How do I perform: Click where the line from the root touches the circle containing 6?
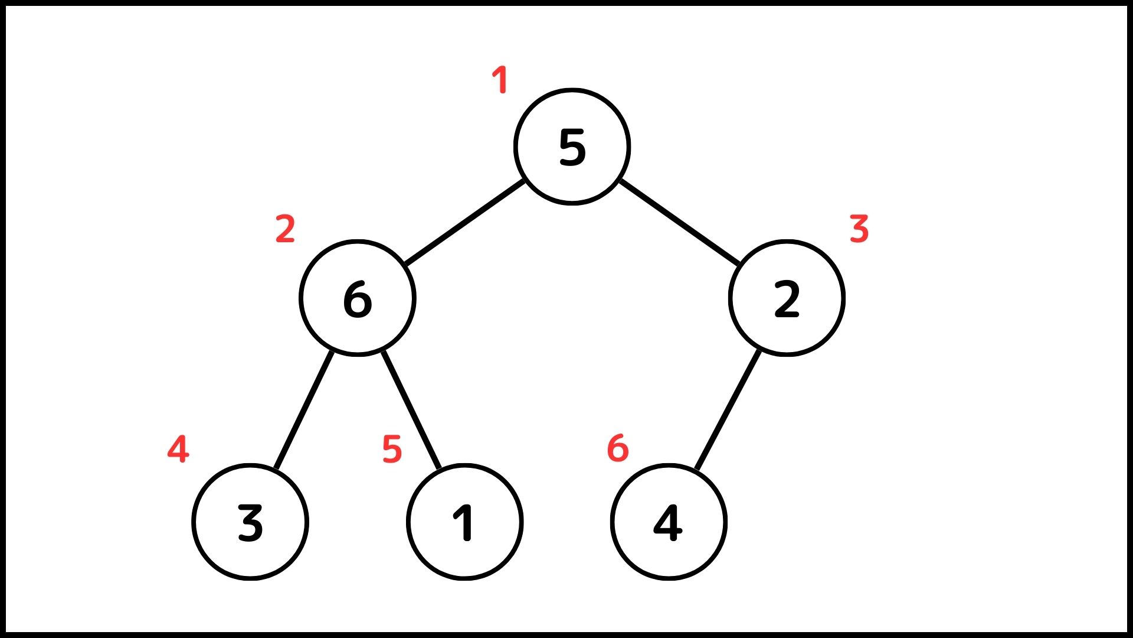405,264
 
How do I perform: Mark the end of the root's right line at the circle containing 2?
739,264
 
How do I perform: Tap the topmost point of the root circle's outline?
572,90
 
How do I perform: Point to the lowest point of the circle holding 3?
250,578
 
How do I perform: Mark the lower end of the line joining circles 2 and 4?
697,471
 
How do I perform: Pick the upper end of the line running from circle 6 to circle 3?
332,351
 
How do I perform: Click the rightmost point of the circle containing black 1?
522,522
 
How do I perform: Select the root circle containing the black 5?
572,147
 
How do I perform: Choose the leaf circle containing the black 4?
669,522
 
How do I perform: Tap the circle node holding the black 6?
358,298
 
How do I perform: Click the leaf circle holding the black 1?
465,522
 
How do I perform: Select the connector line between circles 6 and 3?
304,411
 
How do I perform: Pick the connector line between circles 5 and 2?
680,221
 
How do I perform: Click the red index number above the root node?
500,80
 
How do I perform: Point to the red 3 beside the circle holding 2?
859,229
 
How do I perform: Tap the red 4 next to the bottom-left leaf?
178,449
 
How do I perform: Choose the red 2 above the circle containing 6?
285,229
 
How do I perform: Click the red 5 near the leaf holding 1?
392,449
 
